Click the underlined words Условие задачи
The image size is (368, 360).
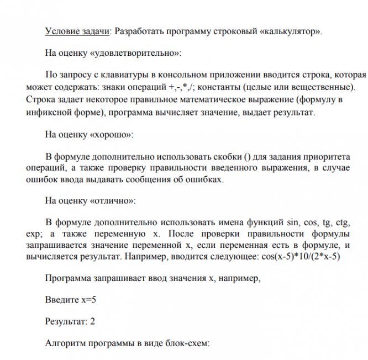point(78,31)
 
